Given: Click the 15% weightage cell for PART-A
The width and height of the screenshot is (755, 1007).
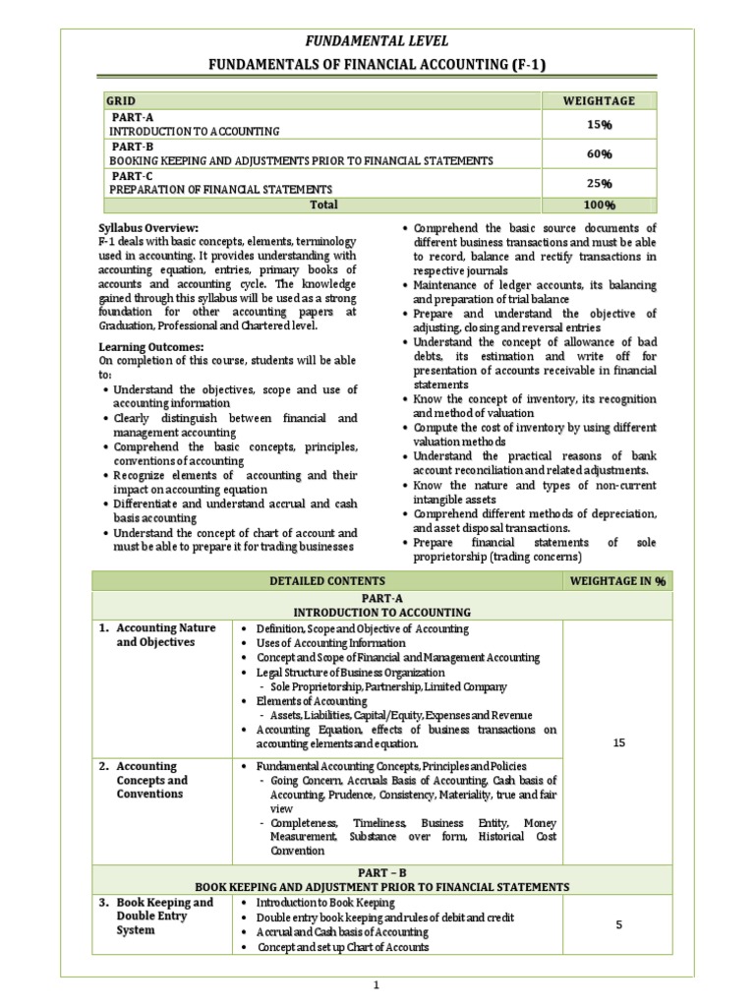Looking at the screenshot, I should [600, 124].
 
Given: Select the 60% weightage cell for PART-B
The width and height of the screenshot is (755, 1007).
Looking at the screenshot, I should [600, 153].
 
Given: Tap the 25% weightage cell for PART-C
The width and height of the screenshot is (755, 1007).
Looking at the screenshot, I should [600, 183].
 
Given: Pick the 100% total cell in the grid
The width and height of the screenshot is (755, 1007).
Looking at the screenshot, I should [600, 205].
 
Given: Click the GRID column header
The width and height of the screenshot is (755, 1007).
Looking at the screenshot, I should [122, 100].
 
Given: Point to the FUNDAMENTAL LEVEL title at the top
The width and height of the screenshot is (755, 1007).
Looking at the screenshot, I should [378, 40].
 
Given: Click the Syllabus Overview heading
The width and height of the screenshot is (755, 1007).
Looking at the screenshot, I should [148, 228].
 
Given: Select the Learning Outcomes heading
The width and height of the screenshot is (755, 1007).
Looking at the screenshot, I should [151, 347].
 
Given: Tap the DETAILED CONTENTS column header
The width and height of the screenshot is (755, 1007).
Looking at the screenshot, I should [327, 581].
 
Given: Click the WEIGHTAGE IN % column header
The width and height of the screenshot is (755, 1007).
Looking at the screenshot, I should [618, 581].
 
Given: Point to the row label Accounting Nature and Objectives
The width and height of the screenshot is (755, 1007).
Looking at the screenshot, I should [165, 635].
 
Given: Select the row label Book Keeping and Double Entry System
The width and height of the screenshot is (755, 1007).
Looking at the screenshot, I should [163, 916].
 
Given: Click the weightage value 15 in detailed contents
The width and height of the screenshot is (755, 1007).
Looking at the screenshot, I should [618, 742].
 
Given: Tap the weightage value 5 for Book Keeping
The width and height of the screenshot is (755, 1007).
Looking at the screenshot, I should [618, 924].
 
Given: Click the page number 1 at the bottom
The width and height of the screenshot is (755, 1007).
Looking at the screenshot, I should [377, 985].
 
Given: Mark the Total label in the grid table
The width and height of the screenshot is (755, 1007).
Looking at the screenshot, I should [323, 205].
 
